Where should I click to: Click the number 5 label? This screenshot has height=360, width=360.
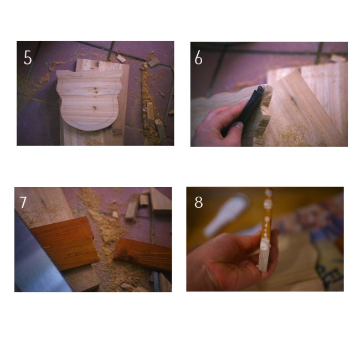click(28, 58)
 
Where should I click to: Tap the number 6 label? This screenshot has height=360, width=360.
click(198, 57)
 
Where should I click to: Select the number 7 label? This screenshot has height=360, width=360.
click(23, 202)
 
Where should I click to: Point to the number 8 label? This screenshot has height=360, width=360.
click(199, 202)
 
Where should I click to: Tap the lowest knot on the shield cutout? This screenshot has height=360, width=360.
click(94, 107)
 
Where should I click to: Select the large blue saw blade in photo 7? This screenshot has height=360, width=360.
click(39, 259)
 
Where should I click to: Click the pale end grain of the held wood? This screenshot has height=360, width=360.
click(264, 257)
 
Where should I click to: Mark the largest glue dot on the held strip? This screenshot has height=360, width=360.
click(268, 204)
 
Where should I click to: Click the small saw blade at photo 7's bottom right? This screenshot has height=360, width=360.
click(157, 281)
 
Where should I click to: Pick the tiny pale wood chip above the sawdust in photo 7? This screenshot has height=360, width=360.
click(115, 215)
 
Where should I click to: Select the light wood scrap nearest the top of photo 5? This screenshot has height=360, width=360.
click(121, 58)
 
